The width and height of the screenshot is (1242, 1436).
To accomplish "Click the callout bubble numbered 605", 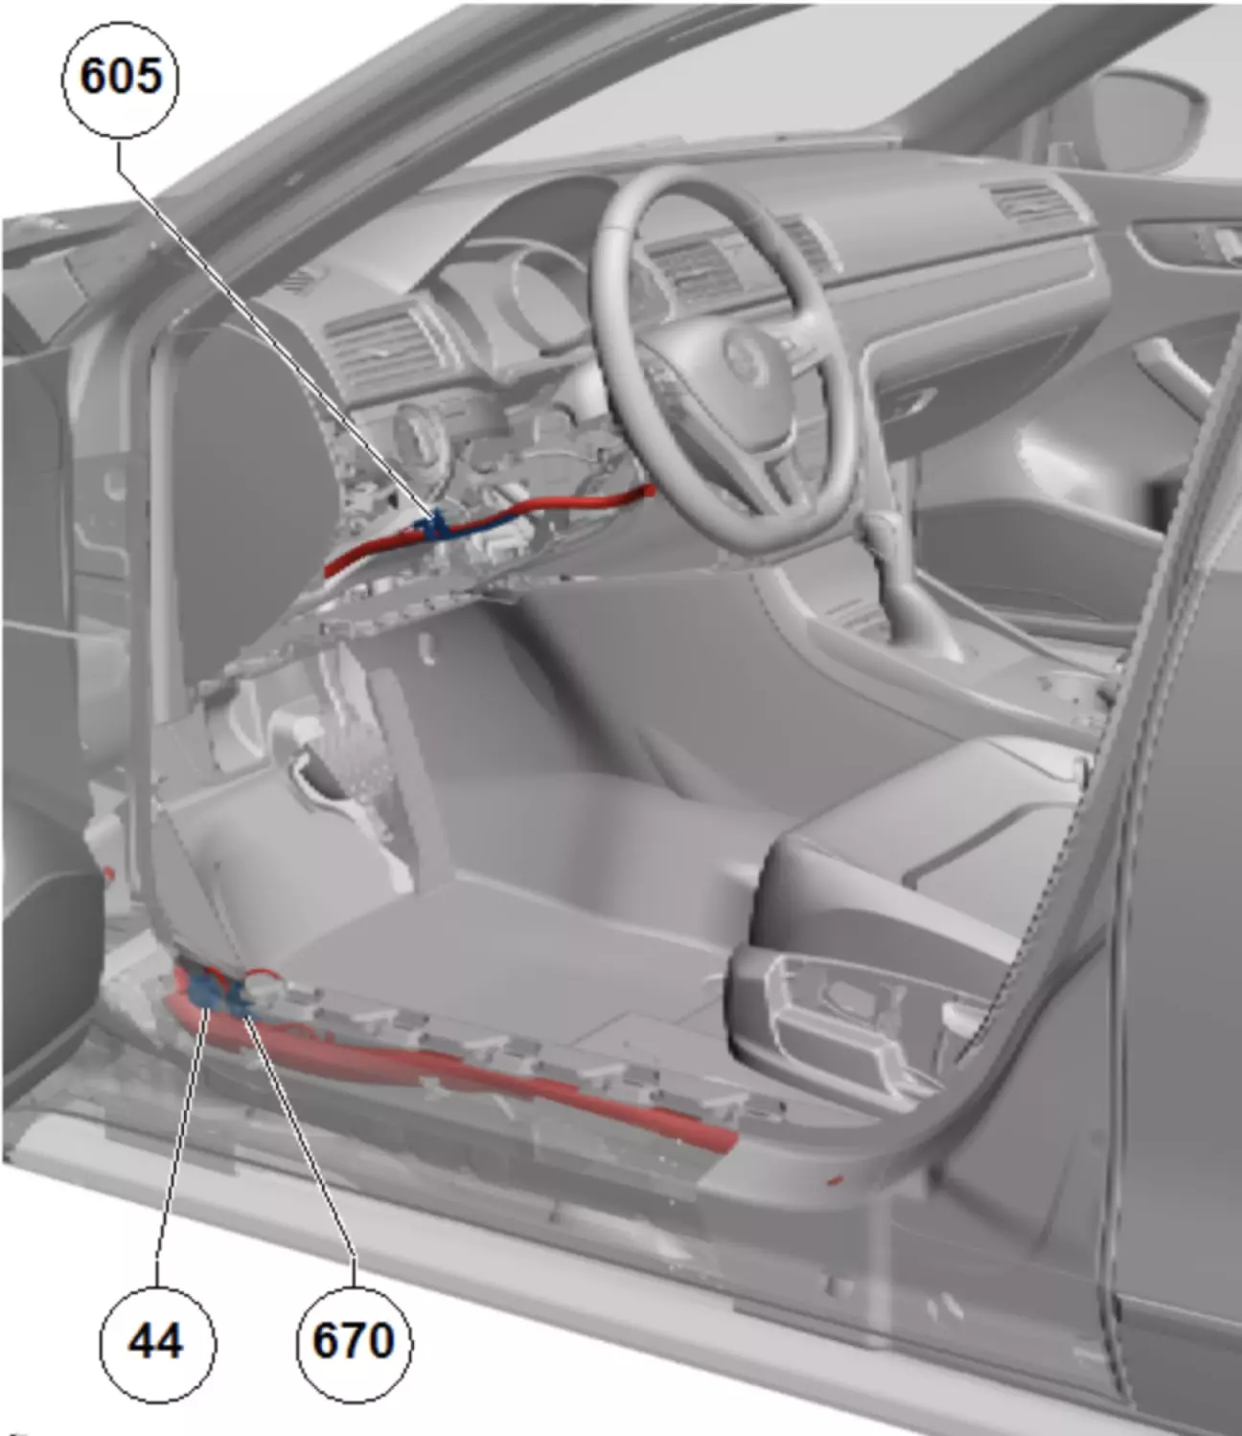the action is [x=120, y=80].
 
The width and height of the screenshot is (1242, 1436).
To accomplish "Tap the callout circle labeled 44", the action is [x=157, y=1344].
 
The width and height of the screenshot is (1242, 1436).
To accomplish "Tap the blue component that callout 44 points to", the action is [x=204, y=991].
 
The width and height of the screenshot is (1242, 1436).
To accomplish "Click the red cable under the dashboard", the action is [x=487, y=528].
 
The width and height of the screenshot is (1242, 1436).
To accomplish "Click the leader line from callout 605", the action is [x=274, y=328].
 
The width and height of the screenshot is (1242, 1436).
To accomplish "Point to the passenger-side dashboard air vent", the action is [x=1028, y=201].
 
